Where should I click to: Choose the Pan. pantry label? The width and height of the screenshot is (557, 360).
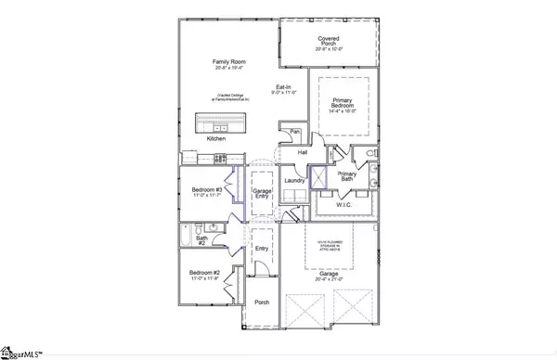(x=293, y=133)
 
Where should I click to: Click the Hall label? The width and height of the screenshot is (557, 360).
(x=302, y=149)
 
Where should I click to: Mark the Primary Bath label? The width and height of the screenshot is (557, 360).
(x=347, y=177)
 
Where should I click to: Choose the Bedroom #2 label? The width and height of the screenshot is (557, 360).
(x=196, y=275)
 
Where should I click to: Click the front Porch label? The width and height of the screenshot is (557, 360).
(x=262, y=302)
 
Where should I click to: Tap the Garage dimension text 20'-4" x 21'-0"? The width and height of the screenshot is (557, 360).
(x=328, y=278)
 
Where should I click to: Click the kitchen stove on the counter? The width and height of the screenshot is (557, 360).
(x=219, y=159)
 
